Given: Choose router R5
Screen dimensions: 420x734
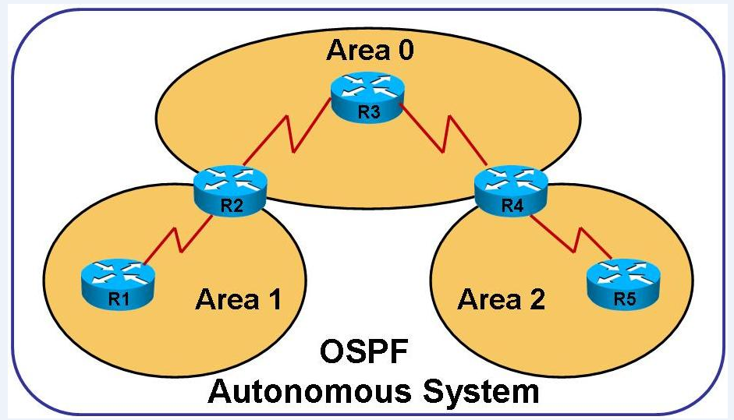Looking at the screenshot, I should [622, 281].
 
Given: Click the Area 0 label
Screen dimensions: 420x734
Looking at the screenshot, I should [370, 51].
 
